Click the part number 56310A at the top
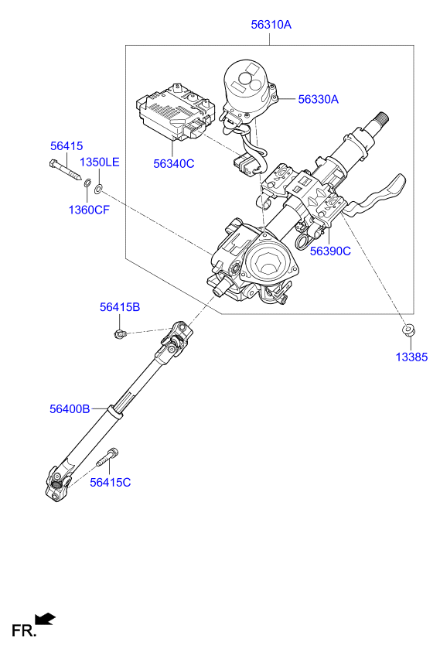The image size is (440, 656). pyautogui.click(x=271, y=25)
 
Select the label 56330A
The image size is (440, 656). pyautogui.click(x=319, y=99)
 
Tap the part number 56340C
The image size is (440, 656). pyautogui.click(x=173, y=163)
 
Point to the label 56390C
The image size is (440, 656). pyautogui.click(x=330, y=251)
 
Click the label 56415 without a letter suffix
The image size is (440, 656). pyautogui.click(x=67, y=146)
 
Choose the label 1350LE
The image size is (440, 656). pyautogui.click(x=100, y=162)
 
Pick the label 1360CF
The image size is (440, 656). pyautogui.click(x=89, y=210)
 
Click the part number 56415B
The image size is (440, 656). pyautogui.click(x=120, y=307)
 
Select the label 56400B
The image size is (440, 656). pyautogui.click(x=70, y=408)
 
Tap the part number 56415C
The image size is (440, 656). pyautogui.click(x=111, y=483)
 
